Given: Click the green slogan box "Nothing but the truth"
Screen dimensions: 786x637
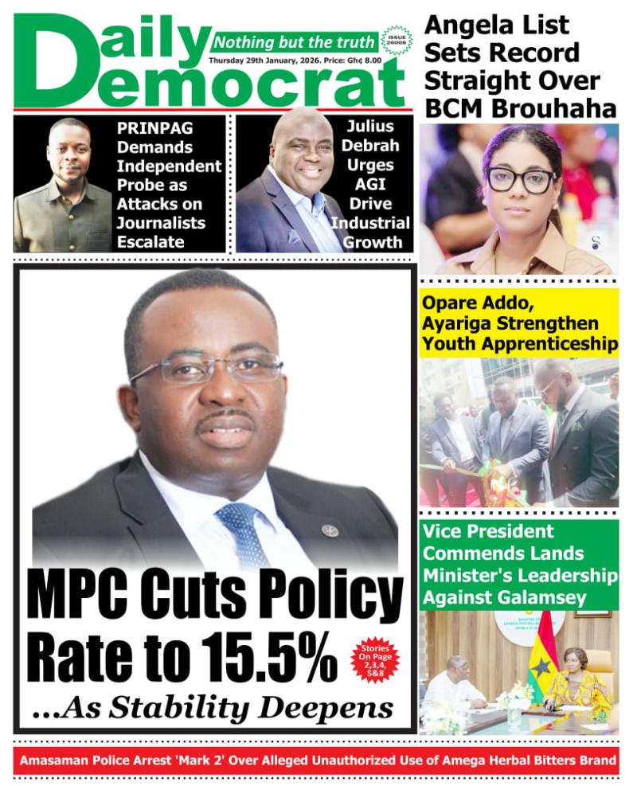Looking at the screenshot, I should click(x=294, y=42).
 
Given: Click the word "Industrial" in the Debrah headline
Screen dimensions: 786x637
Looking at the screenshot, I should click(x=372, y=223).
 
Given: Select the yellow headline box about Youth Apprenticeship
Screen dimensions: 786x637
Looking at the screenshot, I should click(x=519, y=323).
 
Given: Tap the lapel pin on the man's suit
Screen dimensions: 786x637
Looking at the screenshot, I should click(x=330, y=530).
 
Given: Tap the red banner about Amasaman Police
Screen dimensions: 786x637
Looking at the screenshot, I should click(x=318, y=761).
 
